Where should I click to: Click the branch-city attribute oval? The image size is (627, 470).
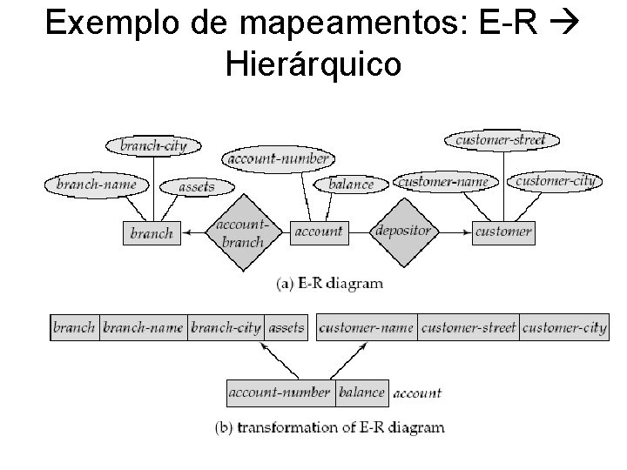[153, 145]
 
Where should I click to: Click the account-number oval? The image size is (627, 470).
[278, 158]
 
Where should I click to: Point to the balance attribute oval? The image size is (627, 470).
[350, 185]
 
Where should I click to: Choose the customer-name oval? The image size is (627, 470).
[442, 182]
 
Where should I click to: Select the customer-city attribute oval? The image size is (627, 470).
[555, 181]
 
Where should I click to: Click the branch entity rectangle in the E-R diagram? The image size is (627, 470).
[151, 232]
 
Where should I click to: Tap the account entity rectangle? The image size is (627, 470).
[318, 232]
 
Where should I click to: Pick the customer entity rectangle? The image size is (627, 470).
[502, 232]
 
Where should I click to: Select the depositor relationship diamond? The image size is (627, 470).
[402, 232]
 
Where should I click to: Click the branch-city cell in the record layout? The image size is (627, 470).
[226, 327]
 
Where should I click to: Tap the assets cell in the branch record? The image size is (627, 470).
[286, 327]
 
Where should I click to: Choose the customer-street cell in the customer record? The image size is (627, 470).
[469, 327]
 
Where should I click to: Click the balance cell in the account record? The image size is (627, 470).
[361, 393]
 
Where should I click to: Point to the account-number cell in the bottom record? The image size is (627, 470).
[280, 393]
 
